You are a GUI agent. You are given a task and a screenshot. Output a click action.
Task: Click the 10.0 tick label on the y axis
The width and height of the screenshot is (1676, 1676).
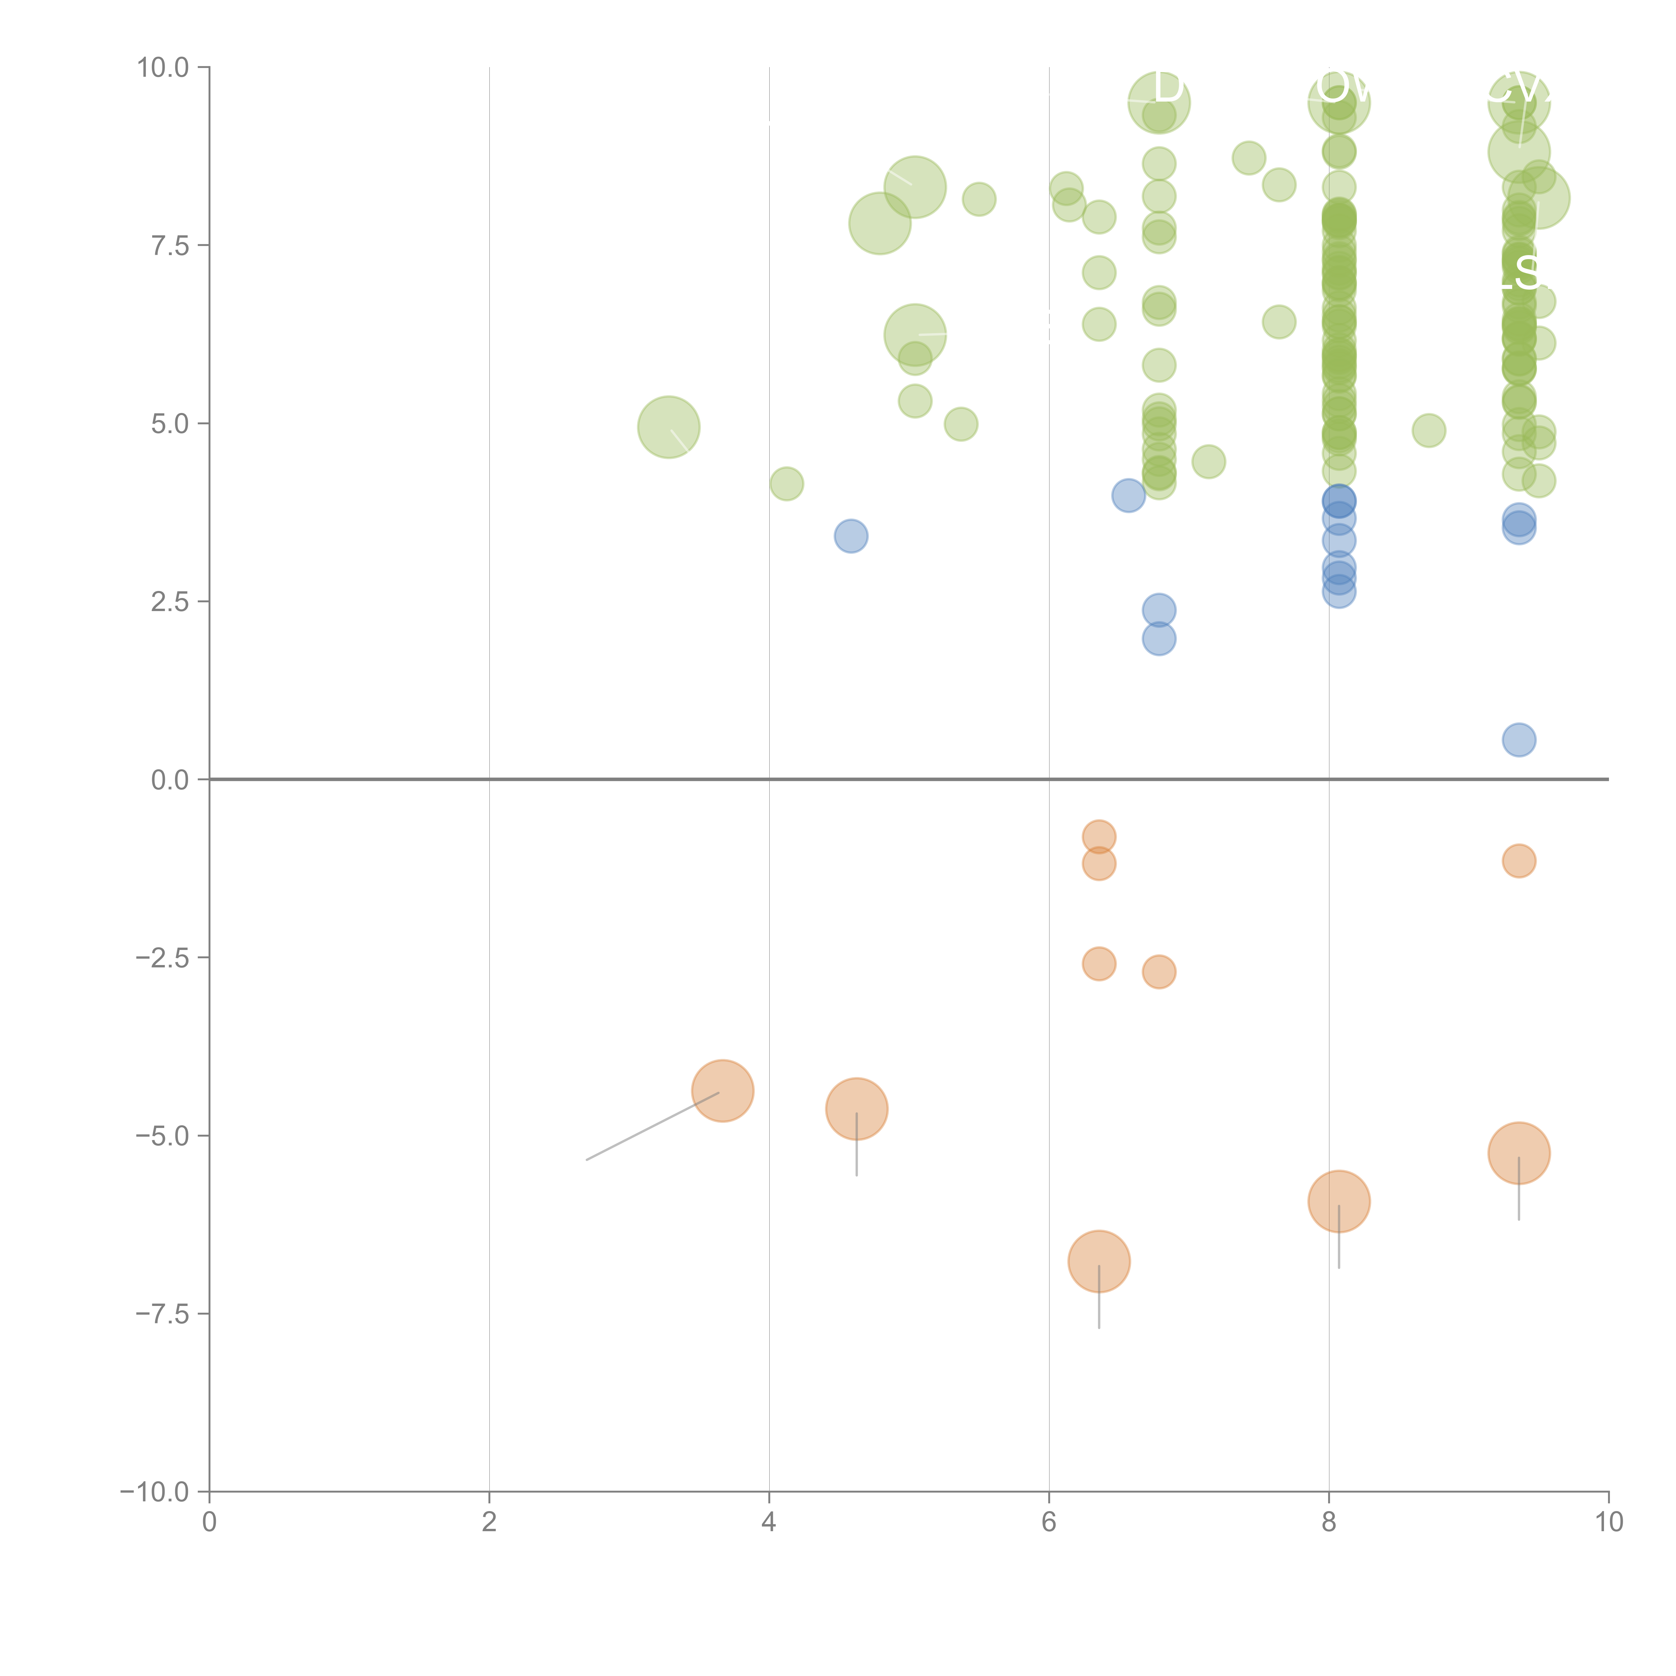point(163,68)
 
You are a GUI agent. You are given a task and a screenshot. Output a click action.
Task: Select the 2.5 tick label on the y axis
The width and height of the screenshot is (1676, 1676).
point(170,602)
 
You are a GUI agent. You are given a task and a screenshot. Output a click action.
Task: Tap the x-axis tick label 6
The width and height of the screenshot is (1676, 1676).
point(1049,1522)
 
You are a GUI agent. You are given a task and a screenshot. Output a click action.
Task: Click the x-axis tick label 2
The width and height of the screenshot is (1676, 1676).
point(489,1522)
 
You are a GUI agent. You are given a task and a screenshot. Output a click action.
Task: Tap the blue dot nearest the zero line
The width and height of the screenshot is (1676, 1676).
point(1518,740)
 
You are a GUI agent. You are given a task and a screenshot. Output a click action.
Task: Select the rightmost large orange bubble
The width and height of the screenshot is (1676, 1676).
point(1518,1153)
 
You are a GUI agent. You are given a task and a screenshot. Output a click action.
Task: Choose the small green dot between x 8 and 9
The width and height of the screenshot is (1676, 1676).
point(1429,430)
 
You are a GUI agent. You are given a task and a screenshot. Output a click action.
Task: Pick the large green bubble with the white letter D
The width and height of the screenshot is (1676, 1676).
point(1159,102)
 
